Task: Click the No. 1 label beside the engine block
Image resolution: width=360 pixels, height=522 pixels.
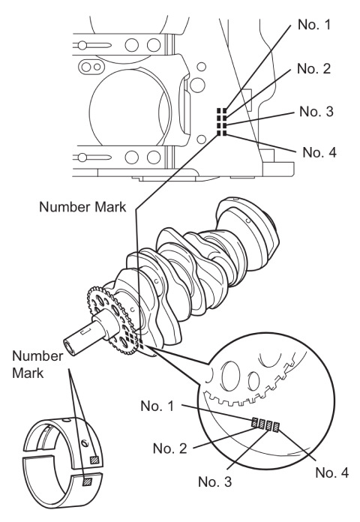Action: coord(314,25)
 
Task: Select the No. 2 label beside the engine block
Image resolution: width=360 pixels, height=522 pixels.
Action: coord(313,68)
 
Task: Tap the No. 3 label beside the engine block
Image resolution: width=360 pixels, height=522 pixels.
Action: coord(316,112)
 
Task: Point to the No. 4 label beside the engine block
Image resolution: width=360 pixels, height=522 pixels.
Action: coord(319,152)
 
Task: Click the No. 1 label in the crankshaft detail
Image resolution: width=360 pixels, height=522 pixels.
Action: coord(157,406)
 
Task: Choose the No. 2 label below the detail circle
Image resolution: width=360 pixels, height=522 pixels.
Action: coord(169,448)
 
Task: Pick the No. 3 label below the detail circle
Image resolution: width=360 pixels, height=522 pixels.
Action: coord(214,481)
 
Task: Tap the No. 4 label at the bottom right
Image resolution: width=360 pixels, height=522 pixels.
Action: coord(332,472)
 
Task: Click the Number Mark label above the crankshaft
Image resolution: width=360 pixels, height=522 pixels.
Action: coord(82,207)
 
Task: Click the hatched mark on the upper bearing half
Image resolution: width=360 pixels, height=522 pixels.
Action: coord(94,460)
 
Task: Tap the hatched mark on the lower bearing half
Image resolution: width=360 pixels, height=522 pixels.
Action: coord(88,481)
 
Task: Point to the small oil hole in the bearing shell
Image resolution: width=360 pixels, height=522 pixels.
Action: coord(85,442)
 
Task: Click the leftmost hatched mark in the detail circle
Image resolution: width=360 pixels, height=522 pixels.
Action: coord(255,422)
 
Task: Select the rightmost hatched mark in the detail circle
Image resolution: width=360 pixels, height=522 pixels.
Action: coord(276,427)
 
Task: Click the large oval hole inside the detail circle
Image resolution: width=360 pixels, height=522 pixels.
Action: coord(231,377)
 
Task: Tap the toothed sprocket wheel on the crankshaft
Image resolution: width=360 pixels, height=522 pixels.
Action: coord(112,320)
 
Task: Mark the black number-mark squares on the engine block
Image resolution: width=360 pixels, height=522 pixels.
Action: coord(222,121)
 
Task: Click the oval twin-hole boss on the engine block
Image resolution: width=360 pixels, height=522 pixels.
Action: coord(91,67)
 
